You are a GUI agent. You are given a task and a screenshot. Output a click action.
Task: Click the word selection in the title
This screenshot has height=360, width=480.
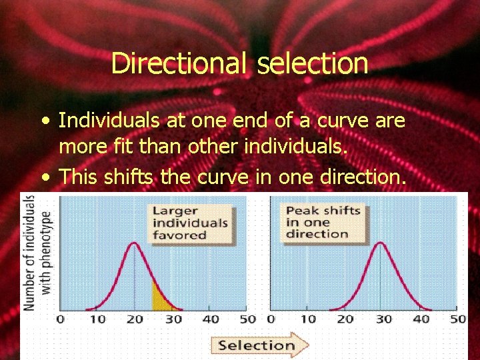pyautogui.click(x=312, y=64)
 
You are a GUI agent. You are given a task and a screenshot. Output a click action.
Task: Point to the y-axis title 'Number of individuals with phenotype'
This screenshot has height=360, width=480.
pyautogui.click(x=37, y=253)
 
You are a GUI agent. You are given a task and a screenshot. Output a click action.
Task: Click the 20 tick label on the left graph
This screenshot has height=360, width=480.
pyautogui.click(x=135, y=319)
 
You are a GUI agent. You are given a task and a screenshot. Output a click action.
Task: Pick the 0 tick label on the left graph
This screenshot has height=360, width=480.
pyautogui.click(x=61, y=319)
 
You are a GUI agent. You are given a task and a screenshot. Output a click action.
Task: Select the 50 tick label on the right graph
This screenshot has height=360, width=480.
pyautogui.click(x=457, y=319)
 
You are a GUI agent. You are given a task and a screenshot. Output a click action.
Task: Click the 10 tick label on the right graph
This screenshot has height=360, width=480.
pyautogui.click(x=307, y=319)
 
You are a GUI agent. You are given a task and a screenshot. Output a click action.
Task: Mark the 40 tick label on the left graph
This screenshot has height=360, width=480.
pyautogui.click(x=210, y=319)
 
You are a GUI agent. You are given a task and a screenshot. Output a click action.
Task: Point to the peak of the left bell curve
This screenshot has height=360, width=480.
pyautogui.click(x=135, y=243)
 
